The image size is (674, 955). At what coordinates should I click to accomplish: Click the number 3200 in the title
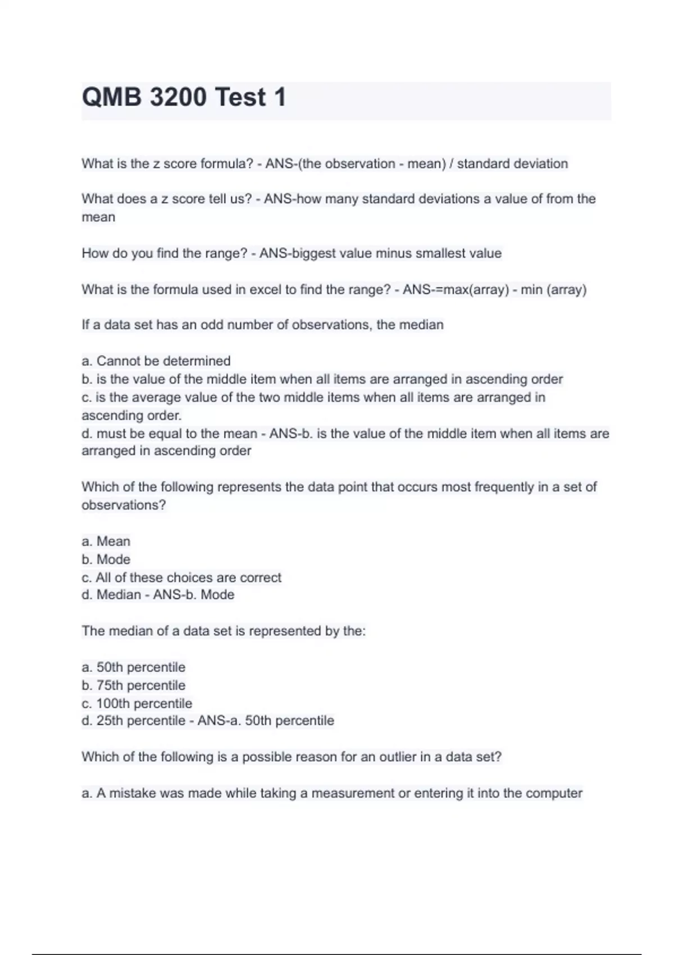tap(178, 97)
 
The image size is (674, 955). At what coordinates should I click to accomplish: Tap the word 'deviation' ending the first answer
tap(540, 164)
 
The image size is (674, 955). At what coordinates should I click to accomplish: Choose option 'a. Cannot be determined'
tap(156, 361)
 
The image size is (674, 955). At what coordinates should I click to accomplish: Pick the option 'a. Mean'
tap(106, 541)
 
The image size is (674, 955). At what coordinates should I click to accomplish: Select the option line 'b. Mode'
tap(106, 560)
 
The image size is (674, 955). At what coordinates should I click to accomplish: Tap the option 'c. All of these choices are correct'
tap(181, 577)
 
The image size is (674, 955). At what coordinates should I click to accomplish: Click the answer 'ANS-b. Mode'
tap(193, 595)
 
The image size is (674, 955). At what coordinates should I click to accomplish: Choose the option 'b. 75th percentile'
tap(133, 685)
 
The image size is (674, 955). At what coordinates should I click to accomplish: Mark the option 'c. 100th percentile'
tap(136, 703)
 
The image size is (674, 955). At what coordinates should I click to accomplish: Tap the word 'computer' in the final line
tap(555, 793)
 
